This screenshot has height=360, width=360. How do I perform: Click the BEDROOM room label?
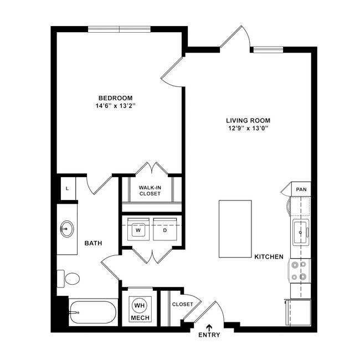tap(116, 98)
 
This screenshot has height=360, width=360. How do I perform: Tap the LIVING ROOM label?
tap(251, 120)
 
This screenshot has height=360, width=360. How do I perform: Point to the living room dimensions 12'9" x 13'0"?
tap(251, 128)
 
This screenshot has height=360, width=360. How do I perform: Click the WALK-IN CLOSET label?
tap(150, 191)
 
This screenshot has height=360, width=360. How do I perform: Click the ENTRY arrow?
tap(209, 327)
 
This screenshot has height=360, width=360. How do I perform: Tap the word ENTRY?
tap(209, 335)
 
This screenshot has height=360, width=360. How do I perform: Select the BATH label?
tap(92, 243)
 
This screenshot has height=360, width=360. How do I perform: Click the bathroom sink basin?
tap(67, 228)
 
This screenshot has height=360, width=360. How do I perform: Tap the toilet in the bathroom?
tap(70, 278)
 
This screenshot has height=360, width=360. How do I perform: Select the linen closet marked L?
tap(67, 188)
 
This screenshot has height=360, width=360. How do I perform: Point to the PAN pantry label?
tap(301, 189)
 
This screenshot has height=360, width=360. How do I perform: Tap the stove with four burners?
tap(299, 271)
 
